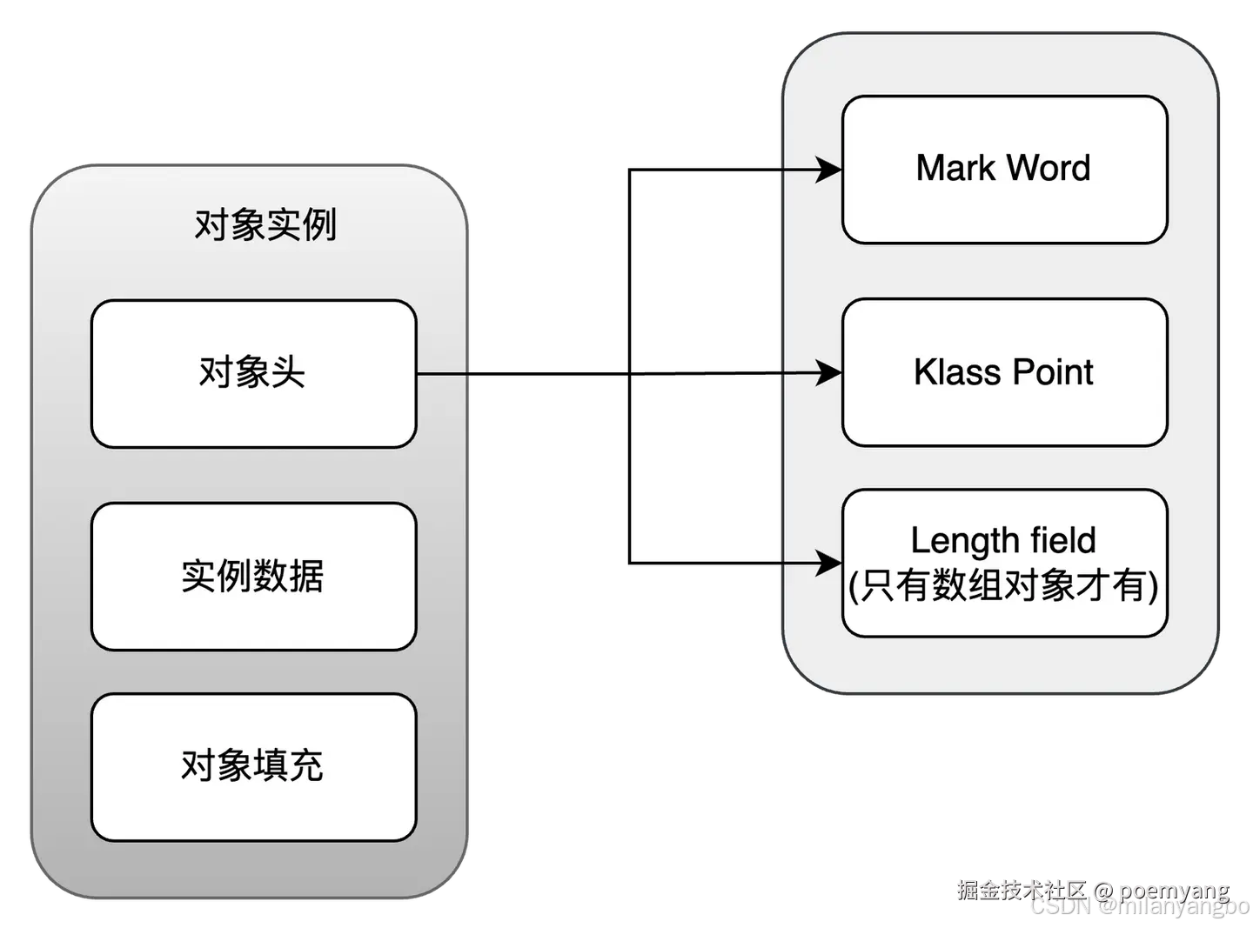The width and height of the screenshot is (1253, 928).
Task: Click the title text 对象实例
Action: pyautogui.click(x=265, y=225)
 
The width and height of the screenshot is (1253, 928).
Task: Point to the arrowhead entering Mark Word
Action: pyautogui.click(x=829, y=170)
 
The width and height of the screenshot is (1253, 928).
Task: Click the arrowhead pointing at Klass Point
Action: pyautogui.click(x=829, y=374)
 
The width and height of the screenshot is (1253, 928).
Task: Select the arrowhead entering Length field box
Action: pyautogui.click(x=829, y=563)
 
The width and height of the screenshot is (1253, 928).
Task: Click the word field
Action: pyautogui.click(x=1062, y=541)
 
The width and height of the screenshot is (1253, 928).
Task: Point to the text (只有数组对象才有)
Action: pyautogui.click(x=1003, y=585)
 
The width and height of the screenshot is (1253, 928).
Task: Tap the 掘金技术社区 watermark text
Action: pyautogui.click(x=1022, y=888)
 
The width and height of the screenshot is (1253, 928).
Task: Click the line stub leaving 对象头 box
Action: pyautogui.click(x=444, y=374)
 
